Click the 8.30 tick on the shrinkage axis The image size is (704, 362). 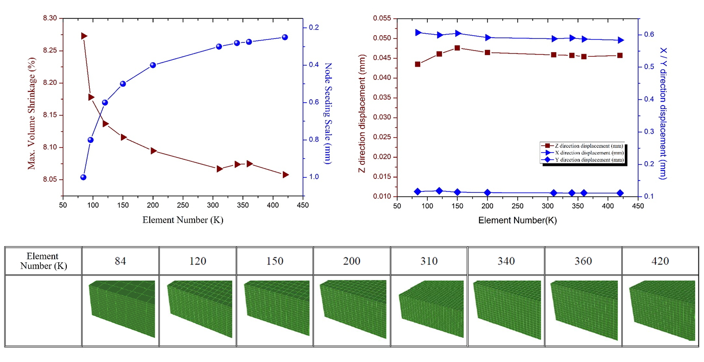(51, 18)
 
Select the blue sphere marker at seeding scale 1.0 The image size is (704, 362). (83, 177)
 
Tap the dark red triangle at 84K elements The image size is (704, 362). (84, 36)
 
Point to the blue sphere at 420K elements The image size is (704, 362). (285, 37)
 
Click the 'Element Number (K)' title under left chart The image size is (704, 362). (183, 220)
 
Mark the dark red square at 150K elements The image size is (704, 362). (457, 48)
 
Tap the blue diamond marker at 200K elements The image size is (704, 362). (488, 192)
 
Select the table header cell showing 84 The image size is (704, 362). (120, 261)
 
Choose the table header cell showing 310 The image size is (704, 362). (429, 261)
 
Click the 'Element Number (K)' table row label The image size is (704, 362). (43, 261)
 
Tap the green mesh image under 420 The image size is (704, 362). (662, 310)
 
